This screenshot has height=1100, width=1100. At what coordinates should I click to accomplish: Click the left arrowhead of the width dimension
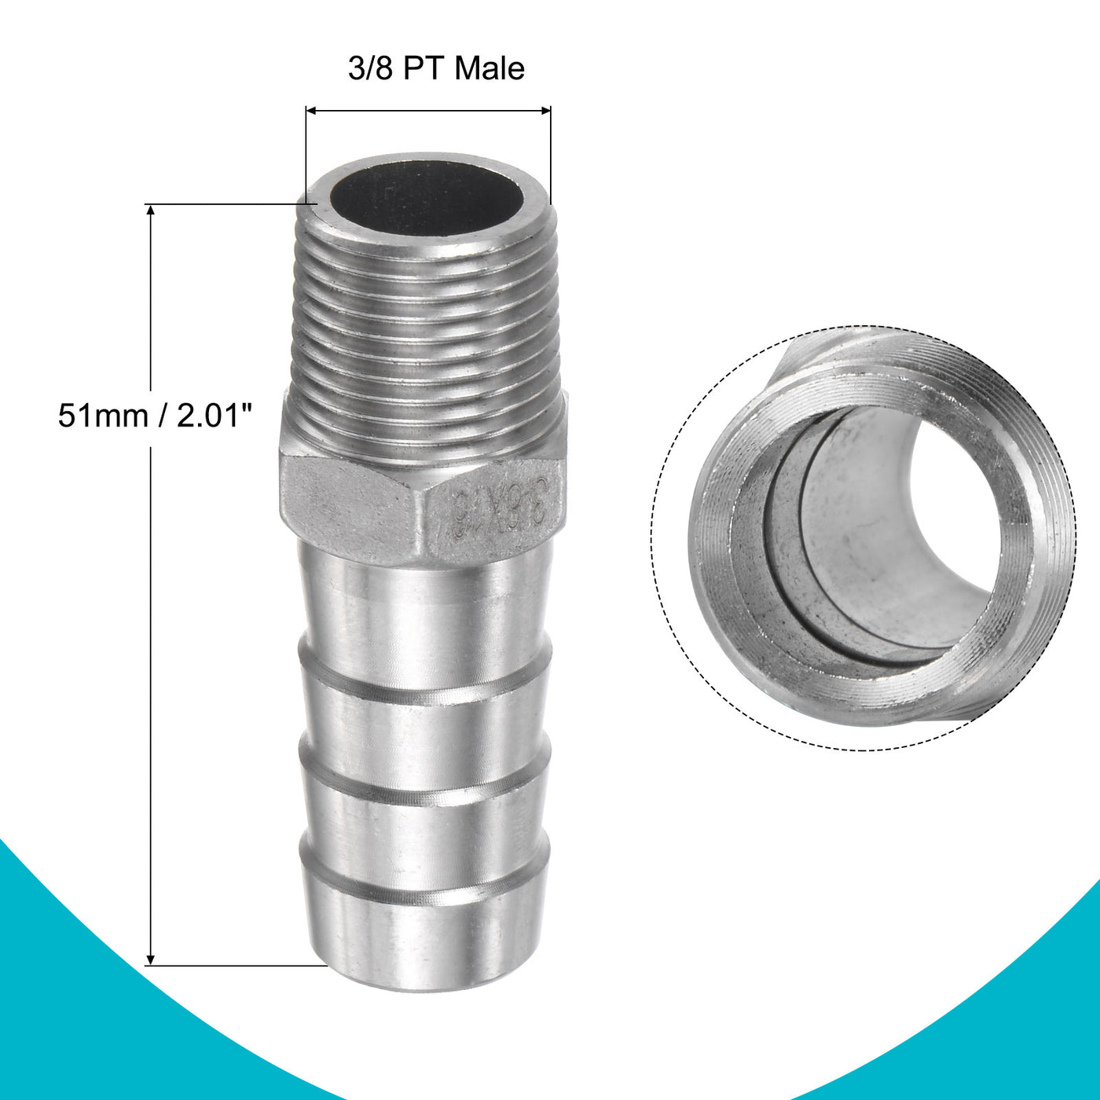pos(310,111)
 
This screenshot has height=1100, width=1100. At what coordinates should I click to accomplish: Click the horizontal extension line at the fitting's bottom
pos(236,966)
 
